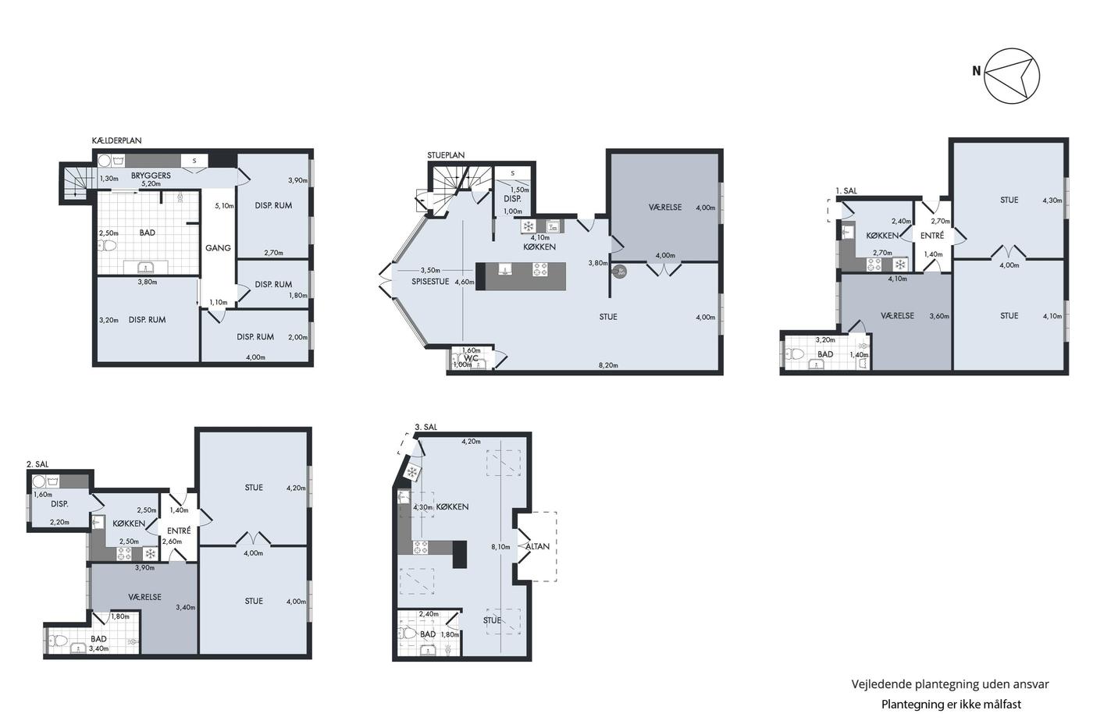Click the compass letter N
(977, 71)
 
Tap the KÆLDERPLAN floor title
(116, 140)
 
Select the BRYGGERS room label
(151, 176)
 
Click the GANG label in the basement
(218, 247)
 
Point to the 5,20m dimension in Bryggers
(151, 184)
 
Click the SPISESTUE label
(430, 282)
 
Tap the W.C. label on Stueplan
(471, 358)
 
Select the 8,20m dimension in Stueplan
(608, 365)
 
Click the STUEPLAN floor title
(446, 155)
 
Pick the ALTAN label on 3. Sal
(537, 547)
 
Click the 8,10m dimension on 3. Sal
(500, 547)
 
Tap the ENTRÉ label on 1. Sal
(932, 236)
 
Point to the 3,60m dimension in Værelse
(939, 316)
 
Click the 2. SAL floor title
(37, 464)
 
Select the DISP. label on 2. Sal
(59, 504)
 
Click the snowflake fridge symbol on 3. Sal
(412, 472)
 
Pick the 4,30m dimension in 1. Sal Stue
(1052, 200)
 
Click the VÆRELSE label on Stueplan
(665, 208)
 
